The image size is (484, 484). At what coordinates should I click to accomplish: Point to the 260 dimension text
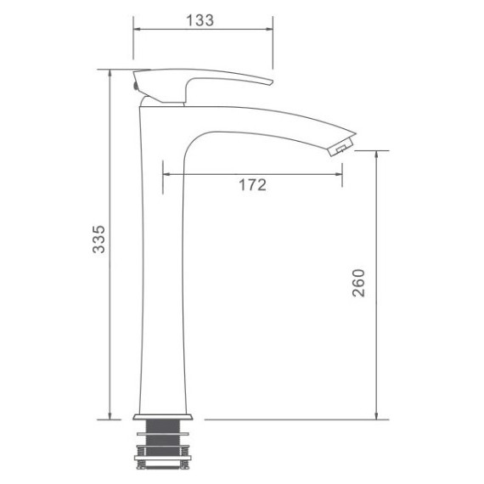[x=357, y=283]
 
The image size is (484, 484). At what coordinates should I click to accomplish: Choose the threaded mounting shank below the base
[x=166, y=432]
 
